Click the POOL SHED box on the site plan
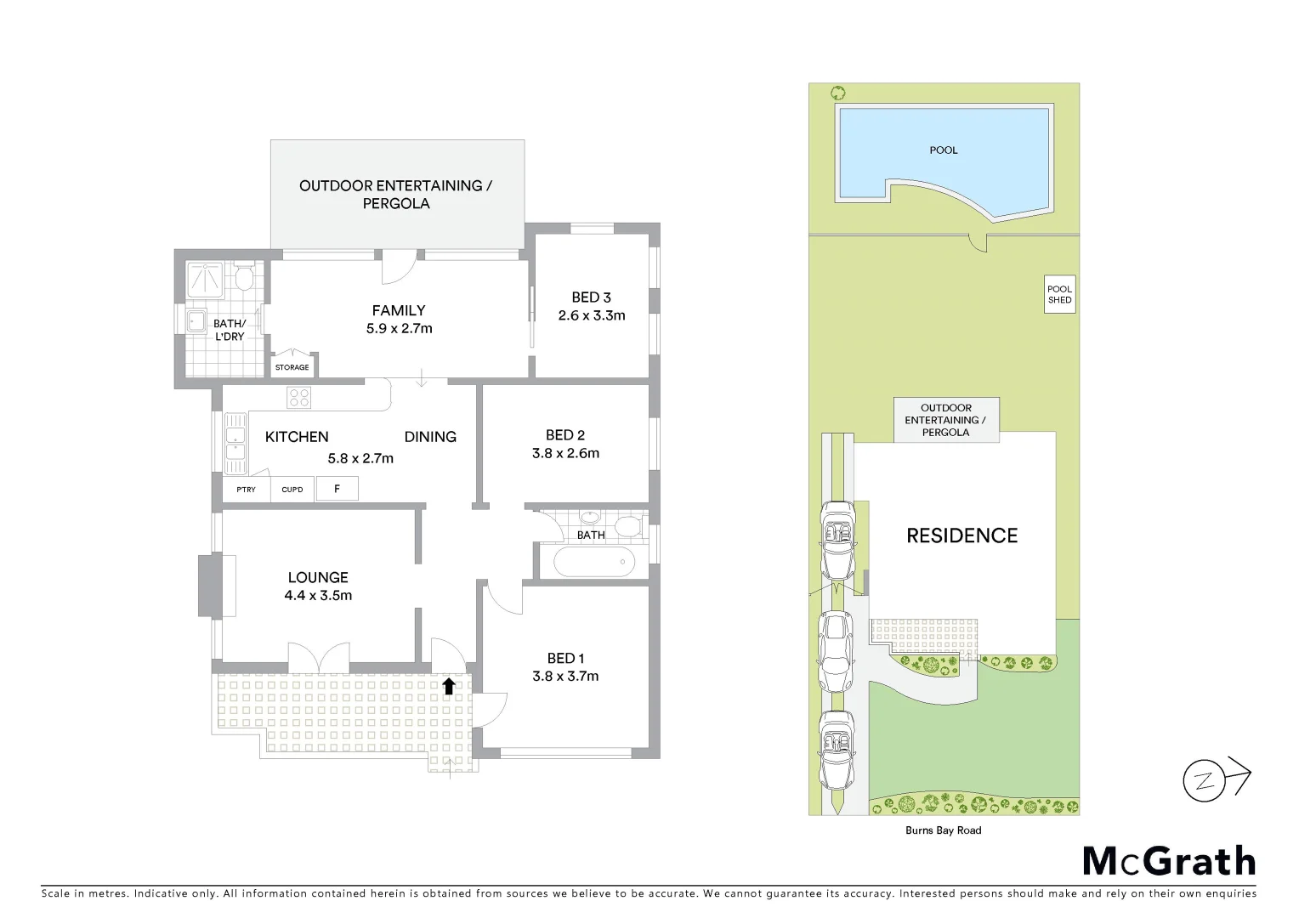coord(1059,295)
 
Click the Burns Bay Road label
coord(944,830)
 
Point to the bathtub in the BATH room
coord(593,562)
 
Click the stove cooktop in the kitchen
coord(298,397)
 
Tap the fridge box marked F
coord(337,489)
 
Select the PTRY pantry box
coord(246,490)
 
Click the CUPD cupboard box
coord(292,490)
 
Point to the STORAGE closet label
coord(292,367)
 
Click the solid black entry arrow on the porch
coord(448,686)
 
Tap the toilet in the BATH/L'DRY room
coord(244,277)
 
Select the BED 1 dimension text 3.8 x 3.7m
coord(565,677)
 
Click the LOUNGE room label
coord(317,577)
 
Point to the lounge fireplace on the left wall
coord(210,586)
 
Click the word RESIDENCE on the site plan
coord(961,535)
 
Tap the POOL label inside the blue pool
coord(943,150)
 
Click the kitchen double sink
coord(234,443)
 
